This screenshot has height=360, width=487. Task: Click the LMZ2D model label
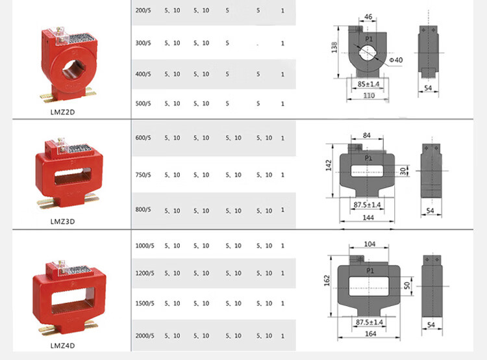tap(62, 112)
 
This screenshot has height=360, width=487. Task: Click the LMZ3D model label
tap(62, 222)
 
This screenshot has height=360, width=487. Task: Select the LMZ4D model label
tap(62, 346)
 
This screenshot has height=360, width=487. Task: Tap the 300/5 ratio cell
tap(143, 43)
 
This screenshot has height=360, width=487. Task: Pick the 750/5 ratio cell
tap(143, 175)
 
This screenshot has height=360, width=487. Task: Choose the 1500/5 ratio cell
tap(144, 303)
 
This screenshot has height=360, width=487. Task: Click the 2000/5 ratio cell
tap(144, 336)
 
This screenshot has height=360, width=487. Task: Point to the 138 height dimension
tap(334, 47)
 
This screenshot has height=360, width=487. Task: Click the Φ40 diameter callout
tap(396, 60)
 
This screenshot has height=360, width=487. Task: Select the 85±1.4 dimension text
tap(368, 84)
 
